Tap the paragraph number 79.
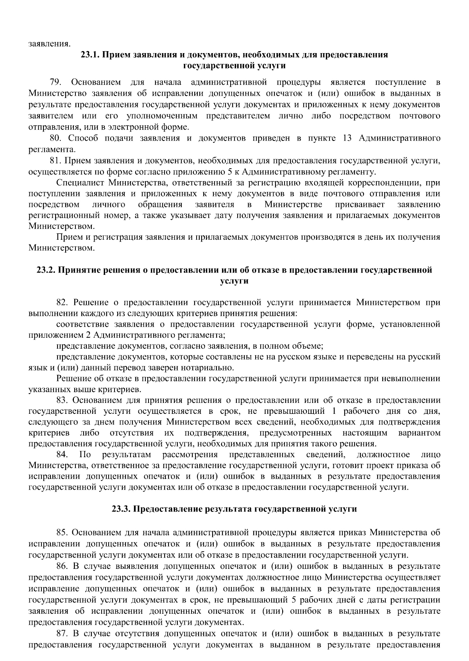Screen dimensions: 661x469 coord(55,83)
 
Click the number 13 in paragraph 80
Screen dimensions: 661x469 coord(346,139)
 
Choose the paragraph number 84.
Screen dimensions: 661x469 coord(63,455)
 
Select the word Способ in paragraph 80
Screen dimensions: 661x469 coord(82,139)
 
